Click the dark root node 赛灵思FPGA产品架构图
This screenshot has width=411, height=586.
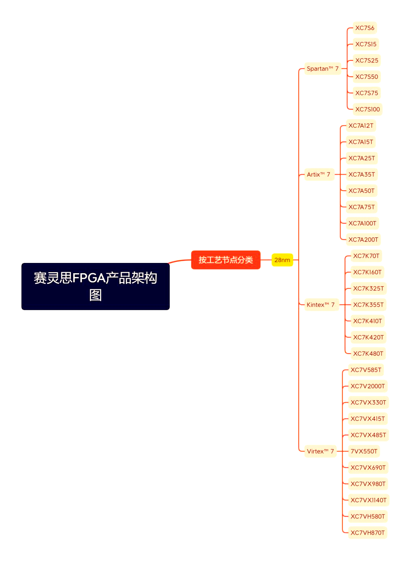tap(95, 286)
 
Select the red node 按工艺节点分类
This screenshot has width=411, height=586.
tap(226, 260)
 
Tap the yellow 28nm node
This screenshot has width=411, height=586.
tap(282, 260)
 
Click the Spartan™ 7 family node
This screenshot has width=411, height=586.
tap(322, 68)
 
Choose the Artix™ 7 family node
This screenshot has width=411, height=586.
tap(319, 174)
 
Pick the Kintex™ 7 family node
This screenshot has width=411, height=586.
tap(320, 304)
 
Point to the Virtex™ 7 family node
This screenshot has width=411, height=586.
tap(320, 451)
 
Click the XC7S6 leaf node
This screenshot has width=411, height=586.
tap(365, 28)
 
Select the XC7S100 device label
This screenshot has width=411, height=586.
tap(367, 109)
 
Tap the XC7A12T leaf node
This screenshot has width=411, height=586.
tap(361, 126)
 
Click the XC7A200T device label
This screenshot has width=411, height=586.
tap(363, 239)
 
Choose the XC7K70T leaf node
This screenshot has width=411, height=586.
tap(366, 256)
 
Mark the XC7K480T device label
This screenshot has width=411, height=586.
tap(368, 354)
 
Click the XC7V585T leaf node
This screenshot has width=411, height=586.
tap(366, 370)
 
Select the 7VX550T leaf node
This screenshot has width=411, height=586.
tap(364, 451)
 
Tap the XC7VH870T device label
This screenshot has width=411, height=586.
tap(368, 533)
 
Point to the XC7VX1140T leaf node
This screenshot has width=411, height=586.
tap(368, 500)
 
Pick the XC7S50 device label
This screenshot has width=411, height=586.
tap(366, 76)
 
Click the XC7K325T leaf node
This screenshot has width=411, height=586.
tap(368, 288)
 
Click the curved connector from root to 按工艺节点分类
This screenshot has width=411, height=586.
tap(180, 261)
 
